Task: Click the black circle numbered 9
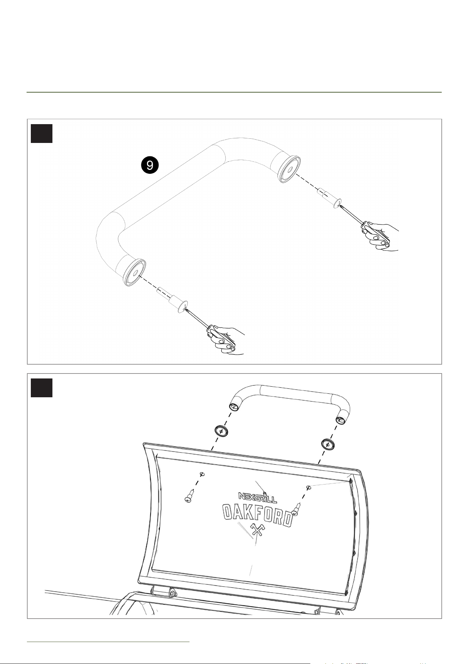(x=150, y=165)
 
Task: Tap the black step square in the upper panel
(x=41, y=133)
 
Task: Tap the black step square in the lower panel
(x=41, y=388)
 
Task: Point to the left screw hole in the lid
(x=202, y=474)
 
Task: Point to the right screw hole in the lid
(x=309, y=487)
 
